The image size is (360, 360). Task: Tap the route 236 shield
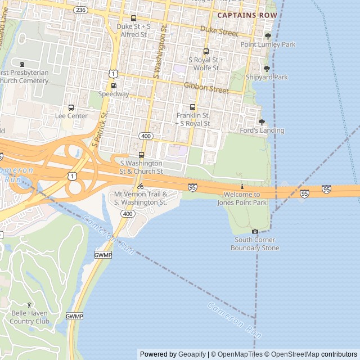(80, 10)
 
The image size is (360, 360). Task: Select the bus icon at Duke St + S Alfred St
(133, 19)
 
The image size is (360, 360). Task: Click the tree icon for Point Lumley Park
(268, 37)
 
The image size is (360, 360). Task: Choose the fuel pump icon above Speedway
(114, 86)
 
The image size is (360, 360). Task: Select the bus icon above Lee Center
(71, 107)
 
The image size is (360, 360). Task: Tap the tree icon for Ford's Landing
(262, 122)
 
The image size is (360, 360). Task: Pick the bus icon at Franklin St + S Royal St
(193, 107)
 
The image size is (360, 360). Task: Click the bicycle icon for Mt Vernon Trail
(141, 186)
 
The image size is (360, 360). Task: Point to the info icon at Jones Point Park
(242, 186)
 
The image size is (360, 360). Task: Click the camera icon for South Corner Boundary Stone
(255, 231)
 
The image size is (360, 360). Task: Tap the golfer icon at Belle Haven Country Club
(30, 305)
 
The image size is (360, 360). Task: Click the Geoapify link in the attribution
(192, 354)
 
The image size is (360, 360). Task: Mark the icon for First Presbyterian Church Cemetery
(22, 65)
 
